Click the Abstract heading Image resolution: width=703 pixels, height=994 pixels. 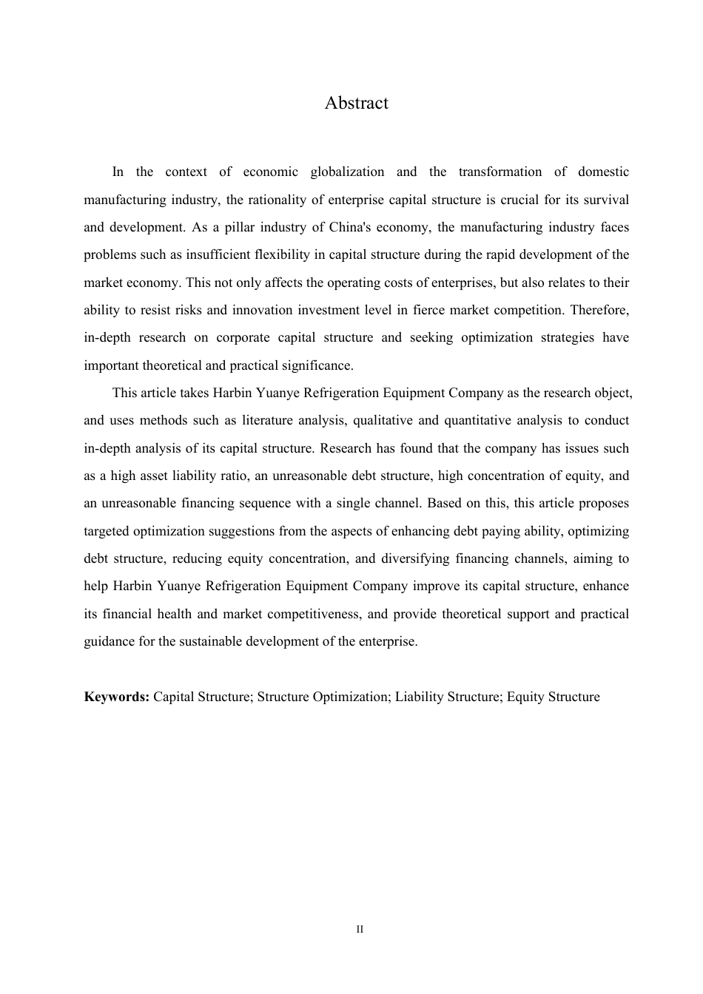(x=356, y=103)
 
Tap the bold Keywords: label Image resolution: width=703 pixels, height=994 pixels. (x=117, y=697)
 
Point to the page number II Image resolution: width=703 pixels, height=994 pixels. (x=360, y=929)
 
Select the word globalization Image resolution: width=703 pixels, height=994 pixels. (x=347, y=172)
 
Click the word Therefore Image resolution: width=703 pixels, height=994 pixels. (x=599, y=310)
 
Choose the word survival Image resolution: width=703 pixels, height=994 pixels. (x=607, y=200)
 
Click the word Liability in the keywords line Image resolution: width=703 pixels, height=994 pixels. (x=420, y=697)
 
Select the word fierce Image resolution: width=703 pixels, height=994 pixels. (x=456, y=310)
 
